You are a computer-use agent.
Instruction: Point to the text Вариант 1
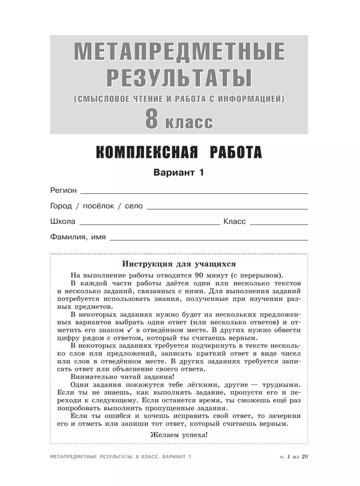tap(179, 173)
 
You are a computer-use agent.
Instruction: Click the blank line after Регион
tap(194, 192)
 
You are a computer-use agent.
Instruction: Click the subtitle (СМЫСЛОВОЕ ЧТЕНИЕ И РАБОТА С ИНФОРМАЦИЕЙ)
tap(179, 99)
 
